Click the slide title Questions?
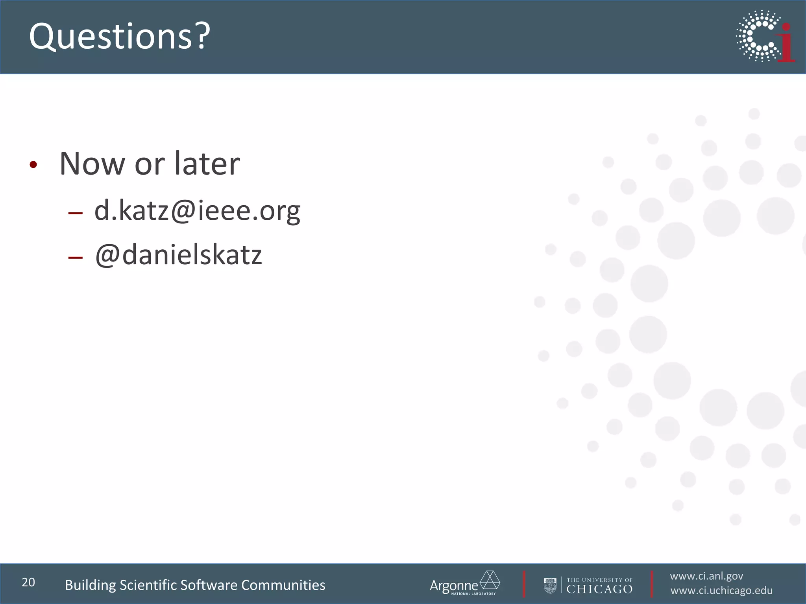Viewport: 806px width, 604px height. click(x=120, y=36)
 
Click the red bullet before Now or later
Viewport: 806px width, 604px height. click(x=33, y=165)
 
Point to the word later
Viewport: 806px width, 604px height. click(x=207, y=164)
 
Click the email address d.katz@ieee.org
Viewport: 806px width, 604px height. click(x=197, y=211)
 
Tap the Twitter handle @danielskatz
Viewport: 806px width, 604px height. click(x=178, y=255)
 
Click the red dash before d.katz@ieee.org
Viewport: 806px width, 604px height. click(x=75, y=214)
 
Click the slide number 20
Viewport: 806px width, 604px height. click(x=28, y=582)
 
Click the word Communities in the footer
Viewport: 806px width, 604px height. click(x=283, y=585)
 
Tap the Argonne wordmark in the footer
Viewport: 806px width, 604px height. click(x=453, y=586)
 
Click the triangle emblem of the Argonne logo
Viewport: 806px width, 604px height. click(x=490, y=580)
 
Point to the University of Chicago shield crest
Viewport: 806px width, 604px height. click(x=550, y=586)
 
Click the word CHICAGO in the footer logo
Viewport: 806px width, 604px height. click(x=599, y=589)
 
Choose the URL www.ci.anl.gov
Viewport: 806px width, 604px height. click(x=706, y=576)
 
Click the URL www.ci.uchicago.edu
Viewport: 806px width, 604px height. click(x=721, y=591)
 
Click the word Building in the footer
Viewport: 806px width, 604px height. click(x=90, y=585)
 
